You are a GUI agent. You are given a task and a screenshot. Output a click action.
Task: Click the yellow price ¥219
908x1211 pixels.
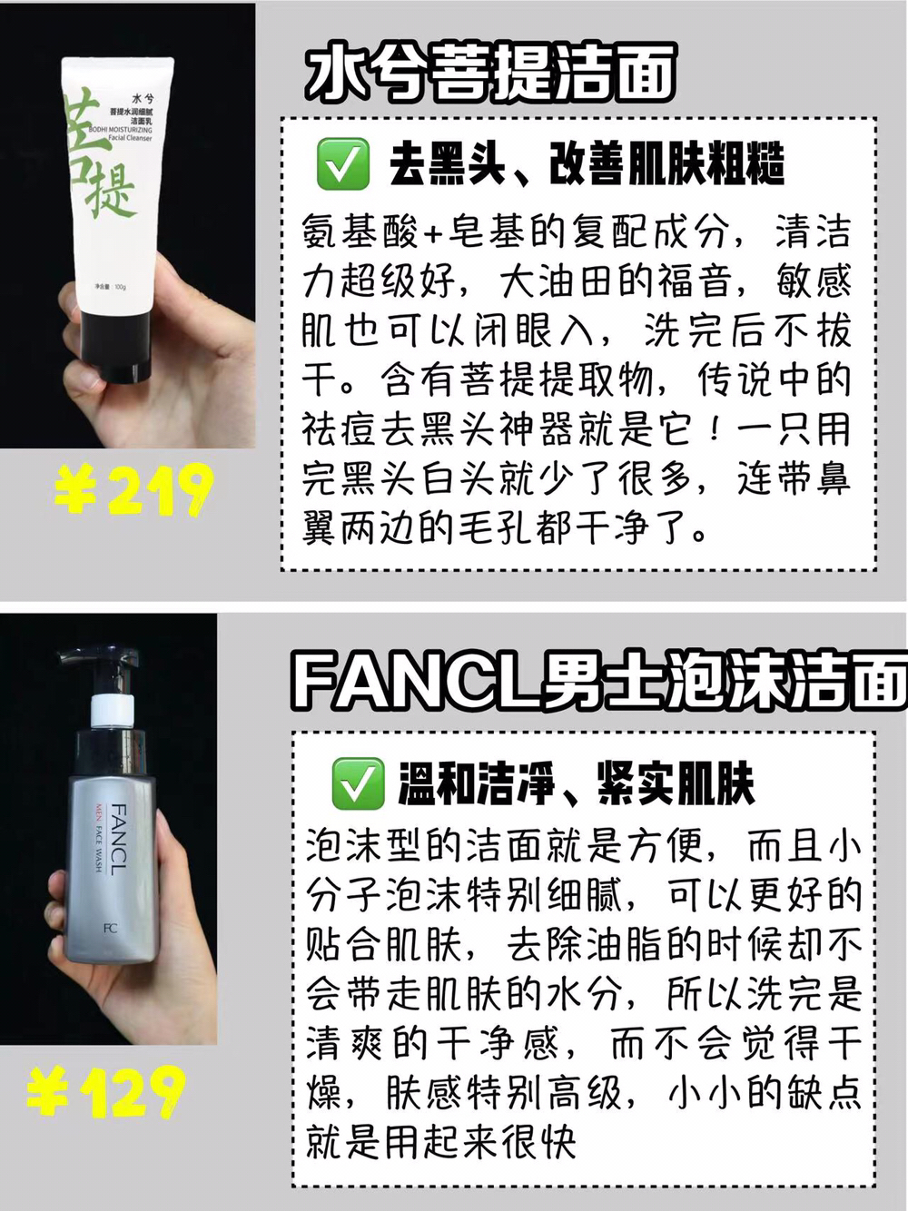pyautogui.click(x=134, y=489)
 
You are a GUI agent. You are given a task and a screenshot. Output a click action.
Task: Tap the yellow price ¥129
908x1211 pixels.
pyautogui.click(x=106, y=1092)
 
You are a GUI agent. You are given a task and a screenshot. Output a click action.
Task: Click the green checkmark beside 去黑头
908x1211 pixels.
pyautogui.click(x=342, y=164)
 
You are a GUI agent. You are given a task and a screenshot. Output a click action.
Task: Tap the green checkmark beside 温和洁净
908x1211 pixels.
pyautogui.click(x=358, y=783)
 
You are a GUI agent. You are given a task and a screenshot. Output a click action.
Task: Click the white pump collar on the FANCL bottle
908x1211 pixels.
pyautogui.click(x=113, y=712)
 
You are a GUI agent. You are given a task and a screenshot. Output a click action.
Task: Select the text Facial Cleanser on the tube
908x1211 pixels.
pyautogui.click(x=130, y=138)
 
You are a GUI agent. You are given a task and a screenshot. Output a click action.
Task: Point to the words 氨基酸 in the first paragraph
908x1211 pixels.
pyautogui.click(x=360, y=231)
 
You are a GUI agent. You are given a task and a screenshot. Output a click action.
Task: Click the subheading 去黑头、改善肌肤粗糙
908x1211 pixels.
pyautogui.click(x=587, y=164)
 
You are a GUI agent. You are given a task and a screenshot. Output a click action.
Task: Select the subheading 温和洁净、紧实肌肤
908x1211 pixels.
pyautogui.click(x=576, y=784)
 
